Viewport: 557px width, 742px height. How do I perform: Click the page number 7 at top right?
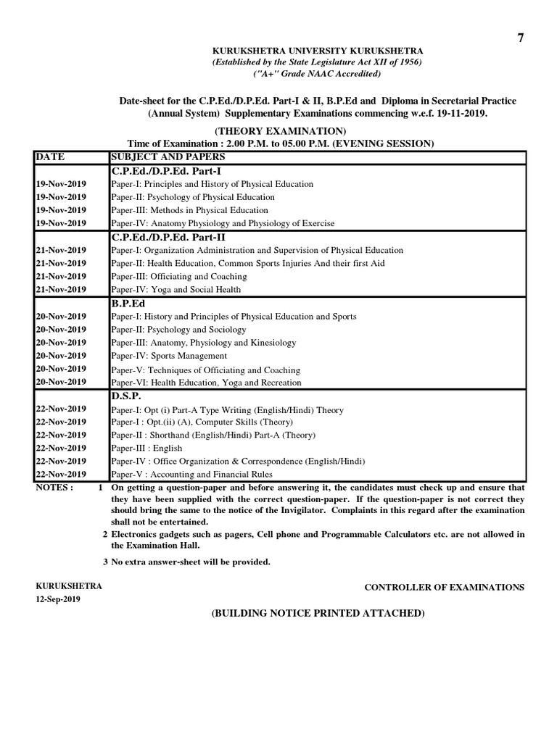[519, 38]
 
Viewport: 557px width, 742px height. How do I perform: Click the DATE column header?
[50, 157]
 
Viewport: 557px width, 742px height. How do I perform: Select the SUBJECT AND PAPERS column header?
[168, 157]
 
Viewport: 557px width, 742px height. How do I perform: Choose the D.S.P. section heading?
[127, 396]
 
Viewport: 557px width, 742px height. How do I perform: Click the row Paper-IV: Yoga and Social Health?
[176, 290]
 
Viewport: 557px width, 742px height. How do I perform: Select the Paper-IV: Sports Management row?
[169, 356]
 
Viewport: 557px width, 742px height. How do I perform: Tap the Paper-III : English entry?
[147, 449]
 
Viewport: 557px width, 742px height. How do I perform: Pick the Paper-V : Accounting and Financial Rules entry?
[191, 475]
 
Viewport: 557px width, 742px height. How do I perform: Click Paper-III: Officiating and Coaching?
[178, 277]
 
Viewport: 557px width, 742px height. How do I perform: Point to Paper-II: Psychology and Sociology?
[178, 330]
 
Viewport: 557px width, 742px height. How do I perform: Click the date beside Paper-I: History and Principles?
[61, 317]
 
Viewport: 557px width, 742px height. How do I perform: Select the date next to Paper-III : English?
[61, 449]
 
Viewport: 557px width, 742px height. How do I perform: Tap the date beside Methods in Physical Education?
[61, 210]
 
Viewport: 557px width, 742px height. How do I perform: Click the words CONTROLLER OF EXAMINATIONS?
[444, 587]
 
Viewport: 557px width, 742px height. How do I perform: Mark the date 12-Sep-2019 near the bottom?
[58, 599]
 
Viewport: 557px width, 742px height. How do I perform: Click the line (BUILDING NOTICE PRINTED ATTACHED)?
[317, 613]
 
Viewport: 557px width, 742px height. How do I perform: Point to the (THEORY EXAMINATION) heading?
[278, 131]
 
